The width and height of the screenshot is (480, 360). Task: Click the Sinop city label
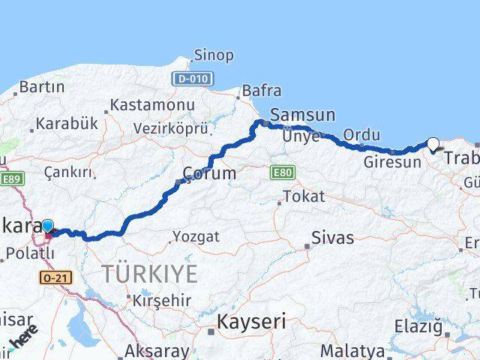coord(214,55)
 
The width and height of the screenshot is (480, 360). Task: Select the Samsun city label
coord(302,115)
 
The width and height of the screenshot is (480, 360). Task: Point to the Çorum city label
coord(209,173)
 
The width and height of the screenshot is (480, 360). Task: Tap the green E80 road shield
coord(281,173)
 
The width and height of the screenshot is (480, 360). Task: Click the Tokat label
coord(304,196)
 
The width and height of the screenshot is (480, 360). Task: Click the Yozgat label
coord(196,236)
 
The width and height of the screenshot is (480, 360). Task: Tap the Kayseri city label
coord(251,322)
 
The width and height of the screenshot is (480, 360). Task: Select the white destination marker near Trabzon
coord(433,143)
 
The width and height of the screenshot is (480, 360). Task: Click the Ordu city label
coord(361,134)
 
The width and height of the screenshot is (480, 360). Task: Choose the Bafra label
coord(261,91)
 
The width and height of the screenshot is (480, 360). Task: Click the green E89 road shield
coord(13,178)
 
